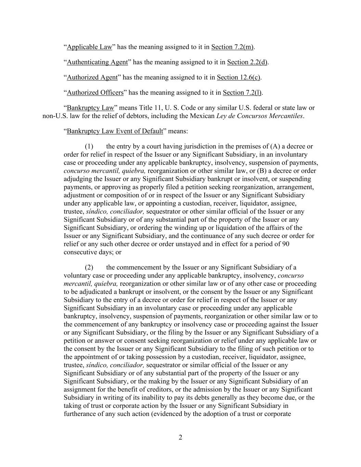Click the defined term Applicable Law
click(89, 47)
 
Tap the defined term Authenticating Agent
click(97, 62)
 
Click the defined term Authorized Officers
click(95, 93)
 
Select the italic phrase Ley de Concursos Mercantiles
click(260, 116)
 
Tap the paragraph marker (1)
click(89, 146)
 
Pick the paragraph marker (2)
click(89, 268)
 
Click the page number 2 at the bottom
click(180, 437)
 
